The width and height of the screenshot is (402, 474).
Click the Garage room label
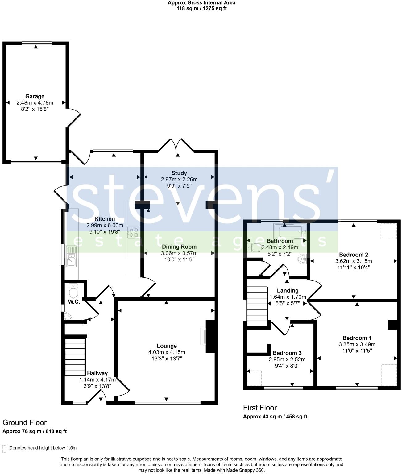pos(35,96)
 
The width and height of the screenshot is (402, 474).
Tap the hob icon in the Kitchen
pos(133,233)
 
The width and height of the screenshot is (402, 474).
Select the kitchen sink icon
pos(71,256)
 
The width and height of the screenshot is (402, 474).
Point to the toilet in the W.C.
pos(73,291)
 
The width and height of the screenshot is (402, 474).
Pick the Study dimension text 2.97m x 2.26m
pos(179,179)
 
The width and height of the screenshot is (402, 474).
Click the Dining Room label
pos(179,247)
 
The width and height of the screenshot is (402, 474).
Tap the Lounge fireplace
pos(208,336)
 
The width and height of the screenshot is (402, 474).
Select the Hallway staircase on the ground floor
pos(75,356)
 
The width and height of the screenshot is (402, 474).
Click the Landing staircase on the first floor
pos(257,306)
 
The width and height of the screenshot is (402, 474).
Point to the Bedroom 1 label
pos(357,338)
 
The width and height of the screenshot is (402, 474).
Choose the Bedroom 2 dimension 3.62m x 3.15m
pos(354,261)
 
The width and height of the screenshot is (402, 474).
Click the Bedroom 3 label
pos(287,353)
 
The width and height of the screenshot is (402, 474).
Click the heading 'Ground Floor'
pos(25,422)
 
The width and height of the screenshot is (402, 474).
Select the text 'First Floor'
pos(260,408)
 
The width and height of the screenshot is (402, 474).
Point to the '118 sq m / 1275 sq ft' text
pos(201,8)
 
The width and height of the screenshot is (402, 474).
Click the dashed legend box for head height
pos(4,449)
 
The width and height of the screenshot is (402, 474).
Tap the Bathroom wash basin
pos(302,260)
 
